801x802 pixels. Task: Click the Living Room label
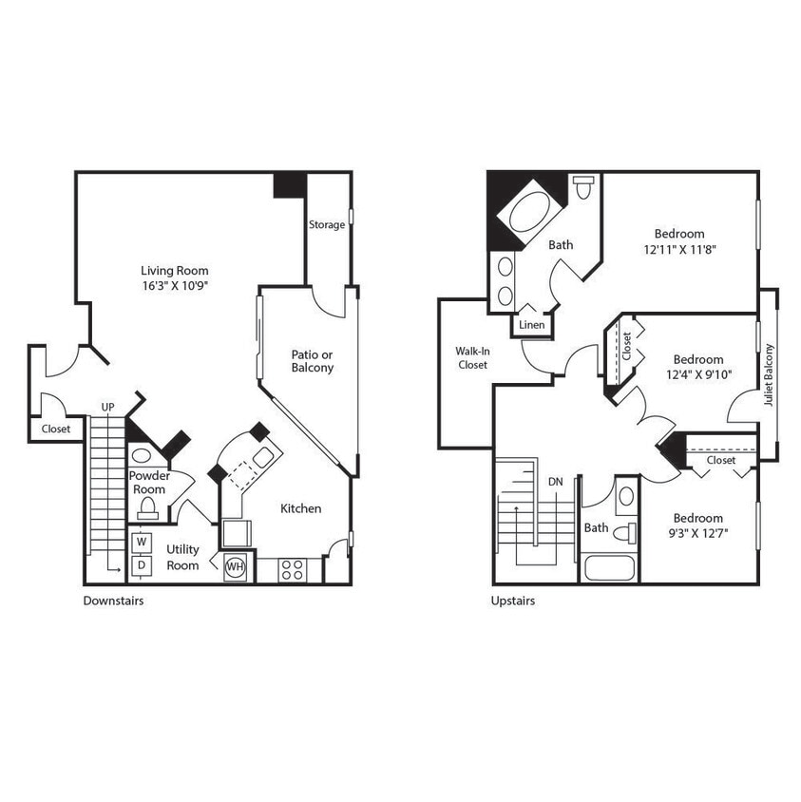pos(174,271)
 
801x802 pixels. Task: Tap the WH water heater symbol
pos(236,569)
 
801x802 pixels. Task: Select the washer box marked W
pos(142,543)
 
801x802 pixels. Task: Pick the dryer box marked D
pos(142,565)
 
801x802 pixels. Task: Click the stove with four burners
pos(292,569)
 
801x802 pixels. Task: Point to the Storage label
pos(326,225)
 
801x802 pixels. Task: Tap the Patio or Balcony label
pos(312,360)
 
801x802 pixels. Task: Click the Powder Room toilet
pos(148,506)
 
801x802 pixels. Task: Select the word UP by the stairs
pos(107,408)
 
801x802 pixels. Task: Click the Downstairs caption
pos(113,601)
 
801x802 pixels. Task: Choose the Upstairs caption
pos(513,601)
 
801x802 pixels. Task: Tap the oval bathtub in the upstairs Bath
pos(529,211)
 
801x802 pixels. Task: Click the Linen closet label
pos(532,325)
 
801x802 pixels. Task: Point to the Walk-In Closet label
pos(472,357)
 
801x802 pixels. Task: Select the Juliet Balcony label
pos(769,375)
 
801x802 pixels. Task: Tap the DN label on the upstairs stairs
pos(555,482)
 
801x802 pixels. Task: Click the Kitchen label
pos(300,508)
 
